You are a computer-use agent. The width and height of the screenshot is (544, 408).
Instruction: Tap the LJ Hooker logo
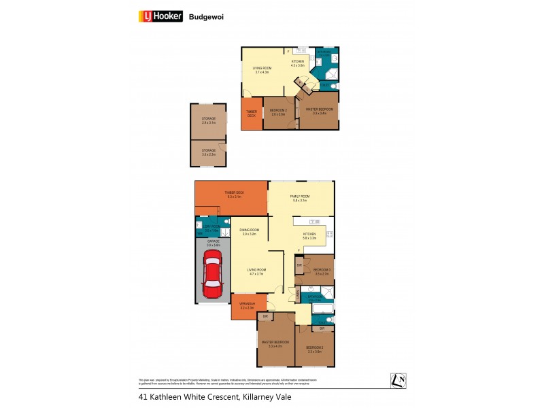(x=160, y=16)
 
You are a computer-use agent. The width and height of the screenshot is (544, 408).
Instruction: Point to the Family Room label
(x=300, y=199)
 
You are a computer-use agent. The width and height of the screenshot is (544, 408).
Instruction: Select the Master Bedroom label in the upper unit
(x=320, y=111)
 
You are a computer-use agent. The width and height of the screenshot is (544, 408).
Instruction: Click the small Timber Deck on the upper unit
(x=251, y=115)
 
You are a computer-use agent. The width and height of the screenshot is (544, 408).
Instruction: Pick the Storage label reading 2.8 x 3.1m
(x=208, y=121)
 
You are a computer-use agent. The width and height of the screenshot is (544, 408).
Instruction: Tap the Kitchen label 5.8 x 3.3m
(x=309, y=236)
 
